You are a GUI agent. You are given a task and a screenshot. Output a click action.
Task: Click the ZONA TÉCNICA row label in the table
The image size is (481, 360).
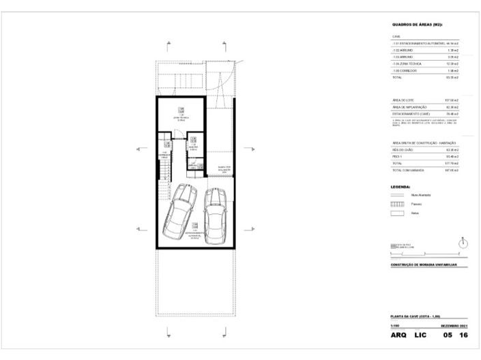[405, 63]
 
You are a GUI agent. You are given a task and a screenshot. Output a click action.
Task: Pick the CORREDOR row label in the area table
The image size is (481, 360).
[403, 70]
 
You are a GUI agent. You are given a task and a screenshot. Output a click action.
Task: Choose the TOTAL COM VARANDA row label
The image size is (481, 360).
[407, 171]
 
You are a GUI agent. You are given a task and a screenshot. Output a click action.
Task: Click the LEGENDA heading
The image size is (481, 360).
[400, 185]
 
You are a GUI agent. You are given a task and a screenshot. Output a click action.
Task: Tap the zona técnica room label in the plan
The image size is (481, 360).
[181, 116]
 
